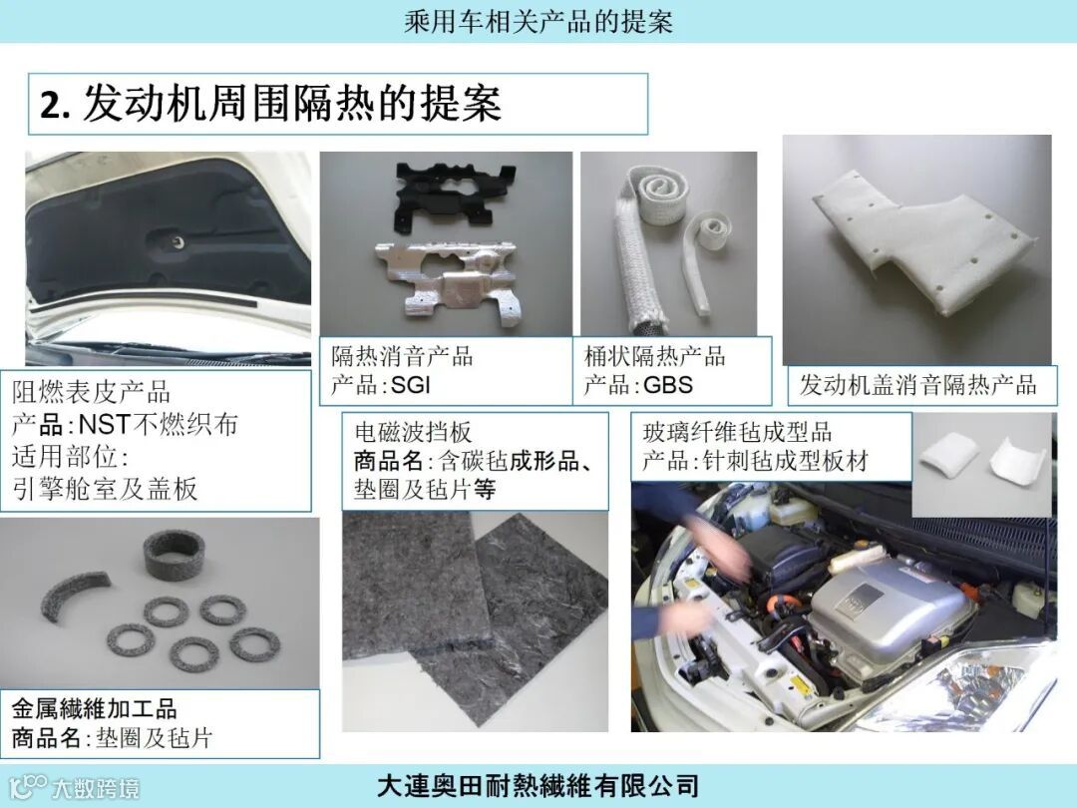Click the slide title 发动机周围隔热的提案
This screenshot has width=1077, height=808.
(x=292, y=105)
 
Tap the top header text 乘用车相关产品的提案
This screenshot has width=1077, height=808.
(x=538, y=21)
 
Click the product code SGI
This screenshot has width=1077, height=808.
(x=411, y=385)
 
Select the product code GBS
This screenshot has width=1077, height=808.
(x=667, y=385)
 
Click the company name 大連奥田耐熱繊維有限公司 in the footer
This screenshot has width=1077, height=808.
(x=538, y=785)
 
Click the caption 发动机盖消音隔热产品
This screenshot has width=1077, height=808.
(x=917, y=385)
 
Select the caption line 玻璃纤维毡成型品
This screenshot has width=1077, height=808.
(x=737, y=432)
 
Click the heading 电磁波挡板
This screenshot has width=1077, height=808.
(x=414, y=432)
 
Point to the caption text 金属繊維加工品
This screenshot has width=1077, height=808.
(x=94, y=709)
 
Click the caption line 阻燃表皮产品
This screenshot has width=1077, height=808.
(x=91, y=392)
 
